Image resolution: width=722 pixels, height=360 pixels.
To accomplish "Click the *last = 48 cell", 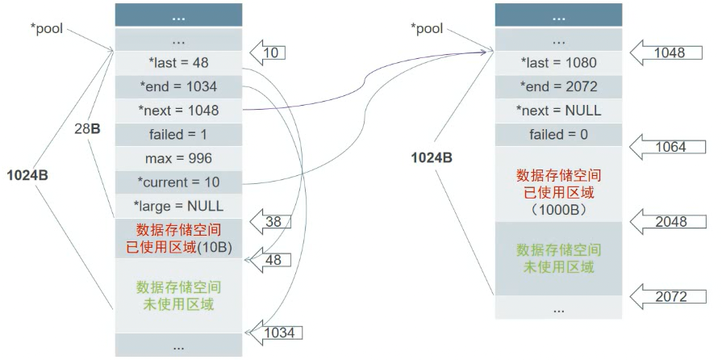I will (x=178, y=62).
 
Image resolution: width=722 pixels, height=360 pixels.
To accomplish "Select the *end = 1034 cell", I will (x=178, y=86).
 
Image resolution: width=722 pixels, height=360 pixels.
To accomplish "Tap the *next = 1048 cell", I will (x=178, y=110).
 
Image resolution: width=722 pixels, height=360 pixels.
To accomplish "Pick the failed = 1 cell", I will (x=178, y=134).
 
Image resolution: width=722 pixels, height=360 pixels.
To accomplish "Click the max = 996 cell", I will (x=178, y=157).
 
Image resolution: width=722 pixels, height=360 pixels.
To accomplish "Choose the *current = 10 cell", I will (x=178, y=182).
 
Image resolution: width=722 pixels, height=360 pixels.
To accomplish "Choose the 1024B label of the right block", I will (x=431, y=157).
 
